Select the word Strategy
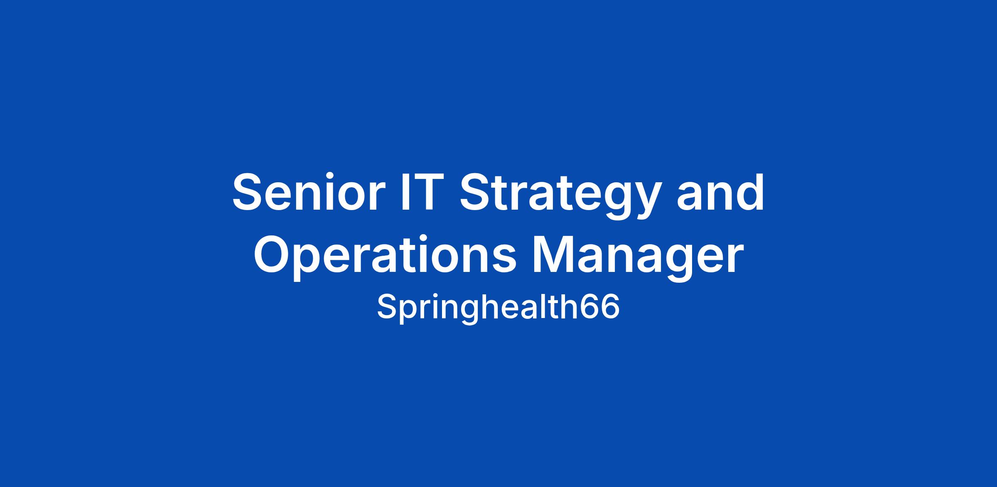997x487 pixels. [x=560, y=196]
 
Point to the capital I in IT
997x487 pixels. [x=401, y=193]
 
